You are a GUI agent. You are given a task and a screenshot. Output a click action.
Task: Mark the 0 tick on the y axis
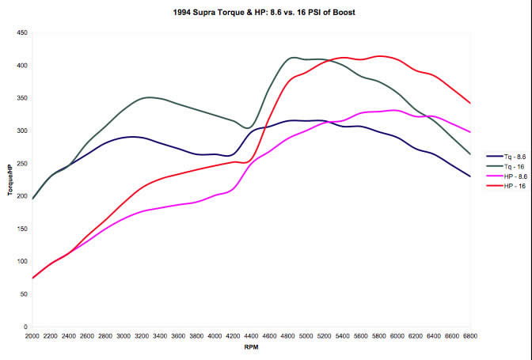coord(25,327)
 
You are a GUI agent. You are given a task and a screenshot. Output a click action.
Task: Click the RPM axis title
coord(251,347)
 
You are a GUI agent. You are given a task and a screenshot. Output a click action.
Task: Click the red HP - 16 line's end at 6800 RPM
coord(471,103)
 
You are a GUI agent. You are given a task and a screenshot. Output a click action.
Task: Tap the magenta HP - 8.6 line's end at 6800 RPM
coord(471,132)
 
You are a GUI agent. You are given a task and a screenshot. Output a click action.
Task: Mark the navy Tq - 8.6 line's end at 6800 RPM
coord(471,176)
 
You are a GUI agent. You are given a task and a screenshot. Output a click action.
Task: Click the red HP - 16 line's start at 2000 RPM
coord(33,278)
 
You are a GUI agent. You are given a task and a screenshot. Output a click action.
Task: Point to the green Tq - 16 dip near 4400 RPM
coord(248,127)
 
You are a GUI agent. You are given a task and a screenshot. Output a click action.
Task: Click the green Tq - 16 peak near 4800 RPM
coord(292,57)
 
